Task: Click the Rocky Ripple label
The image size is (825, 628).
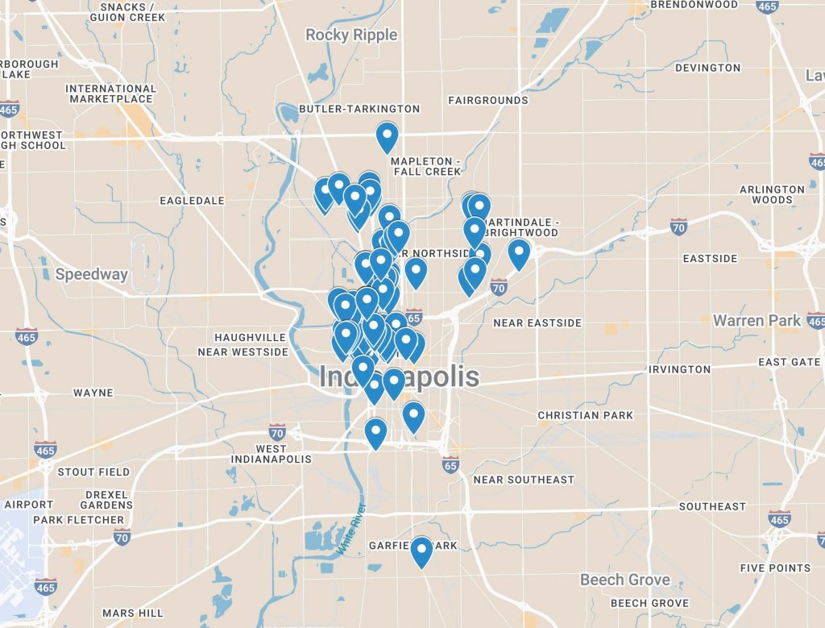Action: [x=351, y=35]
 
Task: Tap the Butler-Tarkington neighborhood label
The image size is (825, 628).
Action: [x=359, y=109]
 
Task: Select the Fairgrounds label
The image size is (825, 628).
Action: [x=488, y=101]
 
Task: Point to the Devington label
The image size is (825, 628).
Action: [x=708, y=68]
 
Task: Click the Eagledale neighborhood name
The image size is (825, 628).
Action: [x=192, y=200]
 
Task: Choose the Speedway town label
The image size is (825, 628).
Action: [x=92, y=274]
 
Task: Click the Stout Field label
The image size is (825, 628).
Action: [x=93, y=472]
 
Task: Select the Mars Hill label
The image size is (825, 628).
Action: [x=133, y=613]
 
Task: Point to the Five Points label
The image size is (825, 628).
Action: [x=775, y=568]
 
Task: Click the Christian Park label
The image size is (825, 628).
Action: [x=586, y=415]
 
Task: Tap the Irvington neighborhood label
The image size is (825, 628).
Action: [x=681, y=369]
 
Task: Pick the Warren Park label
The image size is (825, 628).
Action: [x=757, y=321]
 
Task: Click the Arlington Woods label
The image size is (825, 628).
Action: [x=772, y=194]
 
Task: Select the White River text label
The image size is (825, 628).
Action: [x=351, y=528]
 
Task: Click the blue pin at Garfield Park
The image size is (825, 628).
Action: [x=421, y=551]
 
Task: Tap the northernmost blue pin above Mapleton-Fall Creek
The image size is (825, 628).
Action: [x=388, y=136]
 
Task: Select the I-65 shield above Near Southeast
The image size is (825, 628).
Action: [x=450, y=465]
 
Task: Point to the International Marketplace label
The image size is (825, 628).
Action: [x=110, y=94]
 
